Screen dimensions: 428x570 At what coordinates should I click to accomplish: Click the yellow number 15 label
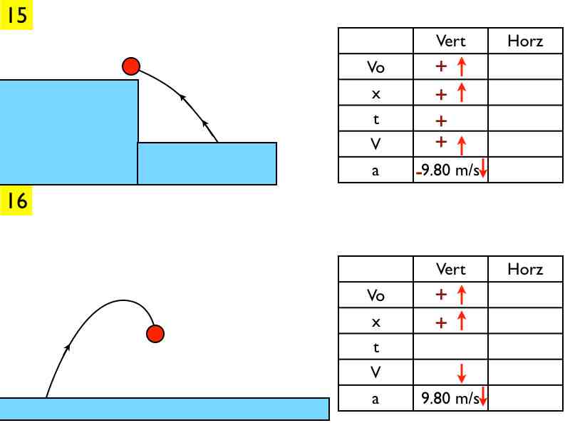click(17, 14)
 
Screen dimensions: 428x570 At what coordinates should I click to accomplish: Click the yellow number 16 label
click(17, 201)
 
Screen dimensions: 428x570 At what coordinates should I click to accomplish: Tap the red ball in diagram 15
click(130, 66)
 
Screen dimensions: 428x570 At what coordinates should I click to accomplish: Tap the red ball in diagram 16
click(155, 333)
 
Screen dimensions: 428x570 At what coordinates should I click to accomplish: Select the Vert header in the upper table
click(450, 41)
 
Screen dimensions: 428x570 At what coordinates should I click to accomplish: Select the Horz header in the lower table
click(525, 269)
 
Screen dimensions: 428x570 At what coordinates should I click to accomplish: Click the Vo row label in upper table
click(375, 67)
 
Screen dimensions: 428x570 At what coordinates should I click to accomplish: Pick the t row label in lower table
click(375, 347)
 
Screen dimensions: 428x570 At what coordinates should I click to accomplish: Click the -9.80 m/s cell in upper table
click(450, 170)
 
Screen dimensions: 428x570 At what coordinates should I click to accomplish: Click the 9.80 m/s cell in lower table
click(450, 398)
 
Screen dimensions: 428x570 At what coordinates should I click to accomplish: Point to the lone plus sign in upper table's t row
click(441, 120)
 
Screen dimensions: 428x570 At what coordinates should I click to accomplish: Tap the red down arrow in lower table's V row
click(461, 372)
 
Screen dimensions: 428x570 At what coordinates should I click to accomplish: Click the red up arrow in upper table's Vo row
click(461, 67)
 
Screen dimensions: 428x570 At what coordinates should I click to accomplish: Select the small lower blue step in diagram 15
click(207, 163)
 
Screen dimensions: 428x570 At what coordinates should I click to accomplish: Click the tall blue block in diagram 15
click(68, 132)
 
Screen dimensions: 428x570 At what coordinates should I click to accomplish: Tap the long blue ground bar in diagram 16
click(164, 409)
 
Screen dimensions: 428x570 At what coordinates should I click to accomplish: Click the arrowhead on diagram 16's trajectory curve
click(68, 347)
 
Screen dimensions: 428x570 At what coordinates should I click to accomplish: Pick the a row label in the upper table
click(375, 170)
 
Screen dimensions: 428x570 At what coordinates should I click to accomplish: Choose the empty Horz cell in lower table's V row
click(525, 372)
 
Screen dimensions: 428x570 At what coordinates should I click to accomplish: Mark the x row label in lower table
click(375, 322)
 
